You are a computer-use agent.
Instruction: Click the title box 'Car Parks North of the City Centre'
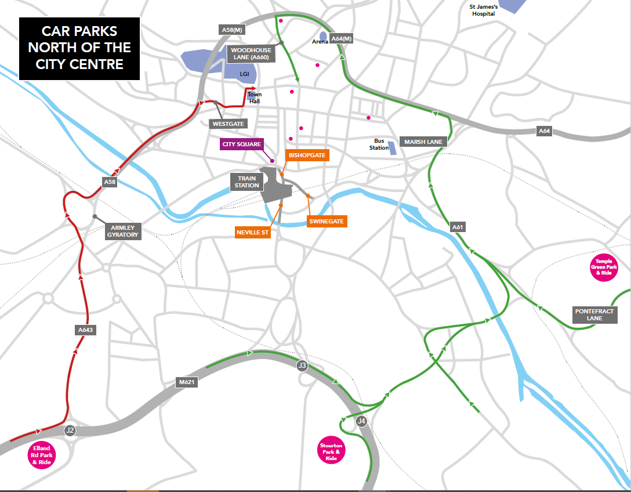point(79,48)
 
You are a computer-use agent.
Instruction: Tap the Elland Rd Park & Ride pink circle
point(41,455)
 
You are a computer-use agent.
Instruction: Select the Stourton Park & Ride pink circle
point(332,450)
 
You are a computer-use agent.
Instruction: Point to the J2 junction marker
point(70,430)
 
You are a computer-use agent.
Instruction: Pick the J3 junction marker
point(302,365)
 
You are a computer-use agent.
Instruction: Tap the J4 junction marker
point(361,421)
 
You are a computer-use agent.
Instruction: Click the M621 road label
point(186,383)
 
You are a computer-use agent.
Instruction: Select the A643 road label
point(85,330)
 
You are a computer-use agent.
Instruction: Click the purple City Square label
point(242,144)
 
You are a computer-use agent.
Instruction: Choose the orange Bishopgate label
point(307,155)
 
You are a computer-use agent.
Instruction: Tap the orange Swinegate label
point(327,221)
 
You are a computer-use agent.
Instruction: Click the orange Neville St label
point(253,232)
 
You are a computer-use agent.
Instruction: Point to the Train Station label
point(247,182)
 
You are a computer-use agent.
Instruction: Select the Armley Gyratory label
point(122,231)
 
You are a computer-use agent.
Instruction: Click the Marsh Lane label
point(423,142)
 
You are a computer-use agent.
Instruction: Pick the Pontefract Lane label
point(594,314)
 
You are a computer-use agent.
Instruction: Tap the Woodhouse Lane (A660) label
point(251,54)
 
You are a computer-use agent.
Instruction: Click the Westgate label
point(228,124)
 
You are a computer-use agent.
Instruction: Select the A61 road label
point(458,227)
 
